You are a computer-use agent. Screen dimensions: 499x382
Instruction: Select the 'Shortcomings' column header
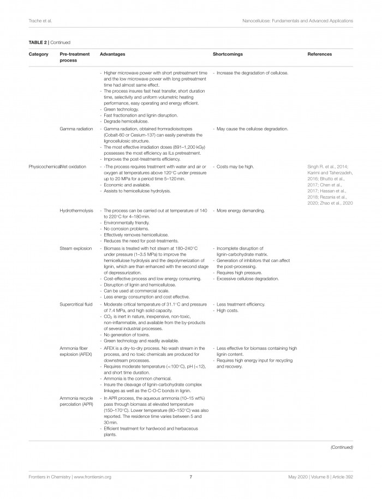pos(228,54)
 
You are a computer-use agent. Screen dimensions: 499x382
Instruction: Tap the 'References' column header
pos(319,54)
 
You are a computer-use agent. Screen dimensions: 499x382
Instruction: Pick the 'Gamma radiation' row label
pos(79,129)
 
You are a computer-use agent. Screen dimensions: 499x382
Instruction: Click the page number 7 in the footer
pos(191,477)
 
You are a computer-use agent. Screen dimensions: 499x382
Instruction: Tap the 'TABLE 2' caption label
pos(38,42)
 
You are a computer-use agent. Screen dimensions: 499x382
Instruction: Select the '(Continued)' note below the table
pos(342,447)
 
